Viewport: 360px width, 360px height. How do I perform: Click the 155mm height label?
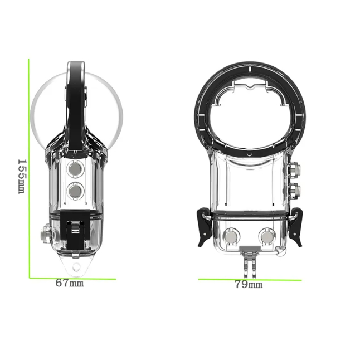pyautogui.click(x=22, y=176)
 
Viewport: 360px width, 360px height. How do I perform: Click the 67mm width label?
pyautogui.click(x=70, y=283)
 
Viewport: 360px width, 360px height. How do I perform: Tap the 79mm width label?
pyautogui.click(x=249, y=284)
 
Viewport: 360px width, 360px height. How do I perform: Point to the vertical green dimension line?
pyautogui.click(x=29, y=168)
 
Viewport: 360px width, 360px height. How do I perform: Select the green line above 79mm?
pyautogui.click(x=250, y=280)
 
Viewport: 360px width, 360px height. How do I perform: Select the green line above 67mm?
pyautogui.click(x=72, y=279)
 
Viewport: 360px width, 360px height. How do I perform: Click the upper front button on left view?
pyautogui.click(x=75, y=169)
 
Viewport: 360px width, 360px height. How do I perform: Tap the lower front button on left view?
pyautogui.click(x=75, y=191)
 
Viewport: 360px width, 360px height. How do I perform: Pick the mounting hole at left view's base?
pyautogui.click(x=76, y=267)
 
